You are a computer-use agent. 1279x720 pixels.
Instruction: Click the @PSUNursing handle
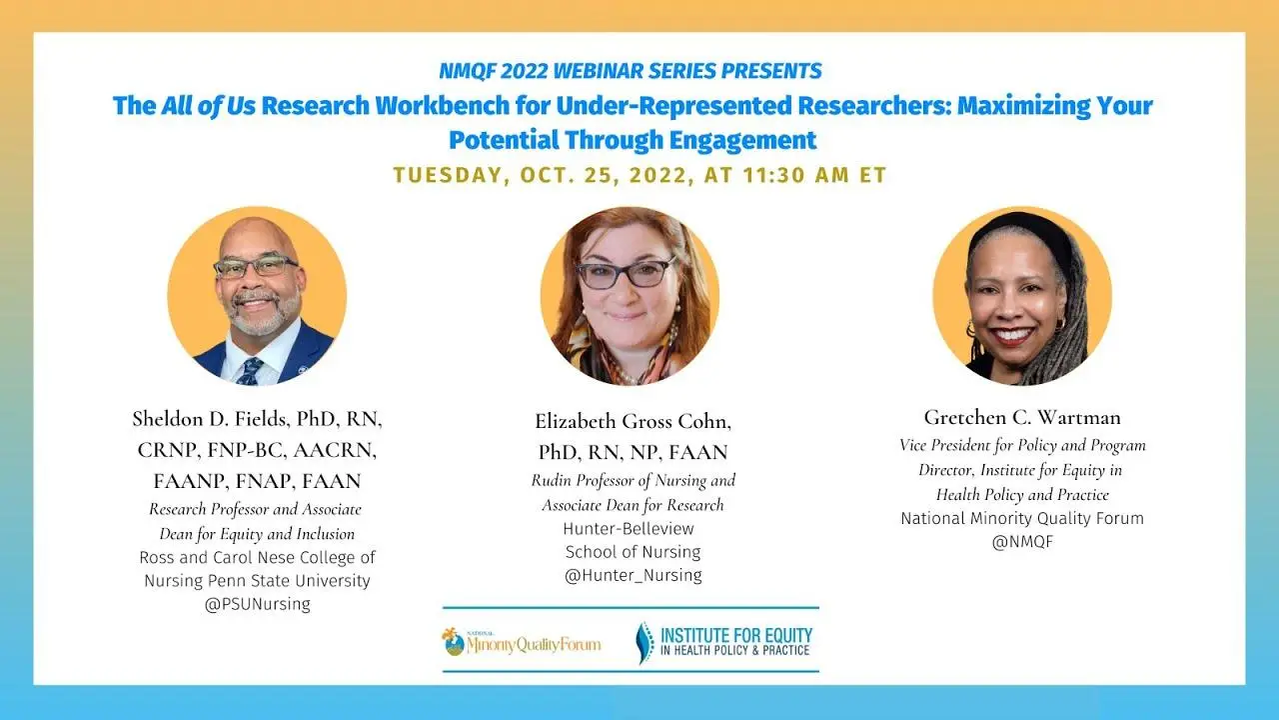point(257,604)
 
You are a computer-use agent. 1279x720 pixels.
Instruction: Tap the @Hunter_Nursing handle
point(633,575)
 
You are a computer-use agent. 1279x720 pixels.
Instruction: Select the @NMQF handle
point(1022,542)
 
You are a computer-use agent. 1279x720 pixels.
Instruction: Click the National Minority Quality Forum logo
point(522,642)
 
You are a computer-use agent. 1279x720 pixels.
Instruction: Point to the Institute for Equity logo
point(724,642)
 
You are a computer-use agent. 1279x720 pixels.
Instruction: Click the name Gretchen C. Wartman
point(1022,417)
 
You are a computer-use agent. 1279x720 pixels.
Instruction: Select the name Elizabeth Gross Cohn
point(633,422)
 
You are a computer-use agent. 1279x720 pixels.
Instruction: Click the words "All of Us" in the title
point(209,106)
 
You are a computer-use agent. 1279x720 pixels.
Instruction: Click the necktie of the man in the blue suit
point(249,371)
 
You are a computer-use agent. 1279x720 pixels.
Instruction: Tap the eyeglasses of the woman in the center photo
point(626,273)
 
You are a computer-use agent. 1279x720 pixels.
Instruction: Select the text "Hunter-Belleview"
point(629,529)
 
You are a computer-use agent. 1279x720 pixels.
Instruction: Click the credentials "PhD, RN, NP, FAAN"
point(633,453)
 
